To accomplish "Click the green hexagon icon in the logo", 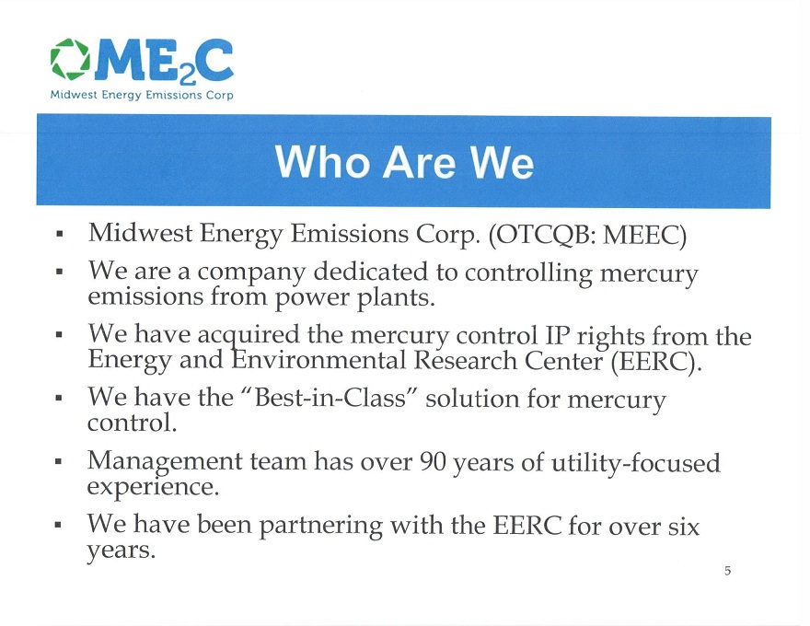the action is coord(70,60).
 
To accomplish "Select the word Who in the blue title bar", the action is coord(322,162).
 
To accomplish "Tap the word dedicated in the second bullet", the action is coord(371,272).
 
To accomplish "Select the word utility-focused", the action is coord(636,463).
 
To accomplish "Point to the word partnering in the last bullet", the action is coord(320,527).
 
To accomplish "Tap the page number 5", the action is coord(727,571).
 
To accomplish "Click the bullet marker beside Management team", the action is coord(59,460).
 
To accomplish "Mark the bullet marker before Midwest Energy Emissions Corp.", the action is coord(60,234).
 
